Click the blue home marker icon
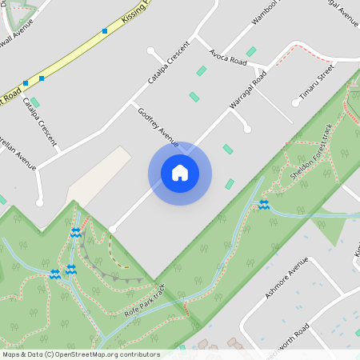179,173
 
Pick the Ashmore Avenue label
286,279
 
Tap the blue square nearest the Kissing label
105,31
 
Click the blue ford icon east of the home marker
263,206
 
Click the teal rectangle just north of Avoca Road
251,51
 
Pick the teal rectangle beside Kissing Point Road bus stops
34,102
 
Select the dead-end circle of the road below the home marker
112,229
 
